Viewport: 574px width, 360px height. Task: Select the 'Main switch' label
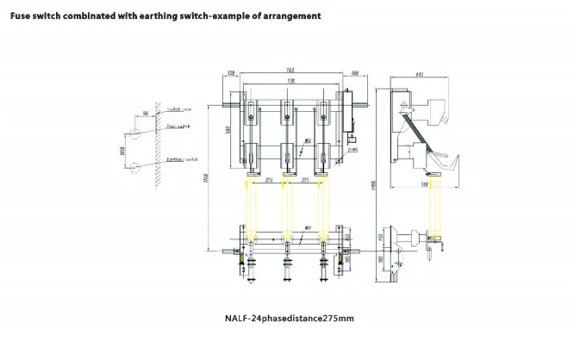(177, 127)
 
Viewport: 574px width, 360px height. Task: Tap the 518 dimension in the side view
(425, 183)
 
